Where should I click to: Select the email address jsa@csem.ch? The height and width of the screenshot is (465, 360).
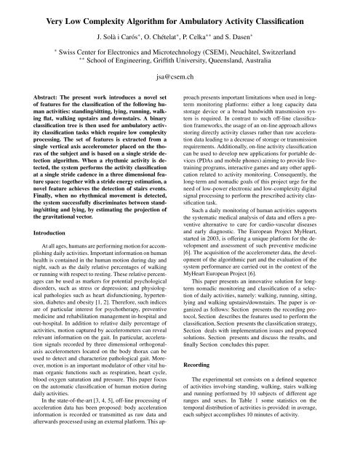pos(180,73)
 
